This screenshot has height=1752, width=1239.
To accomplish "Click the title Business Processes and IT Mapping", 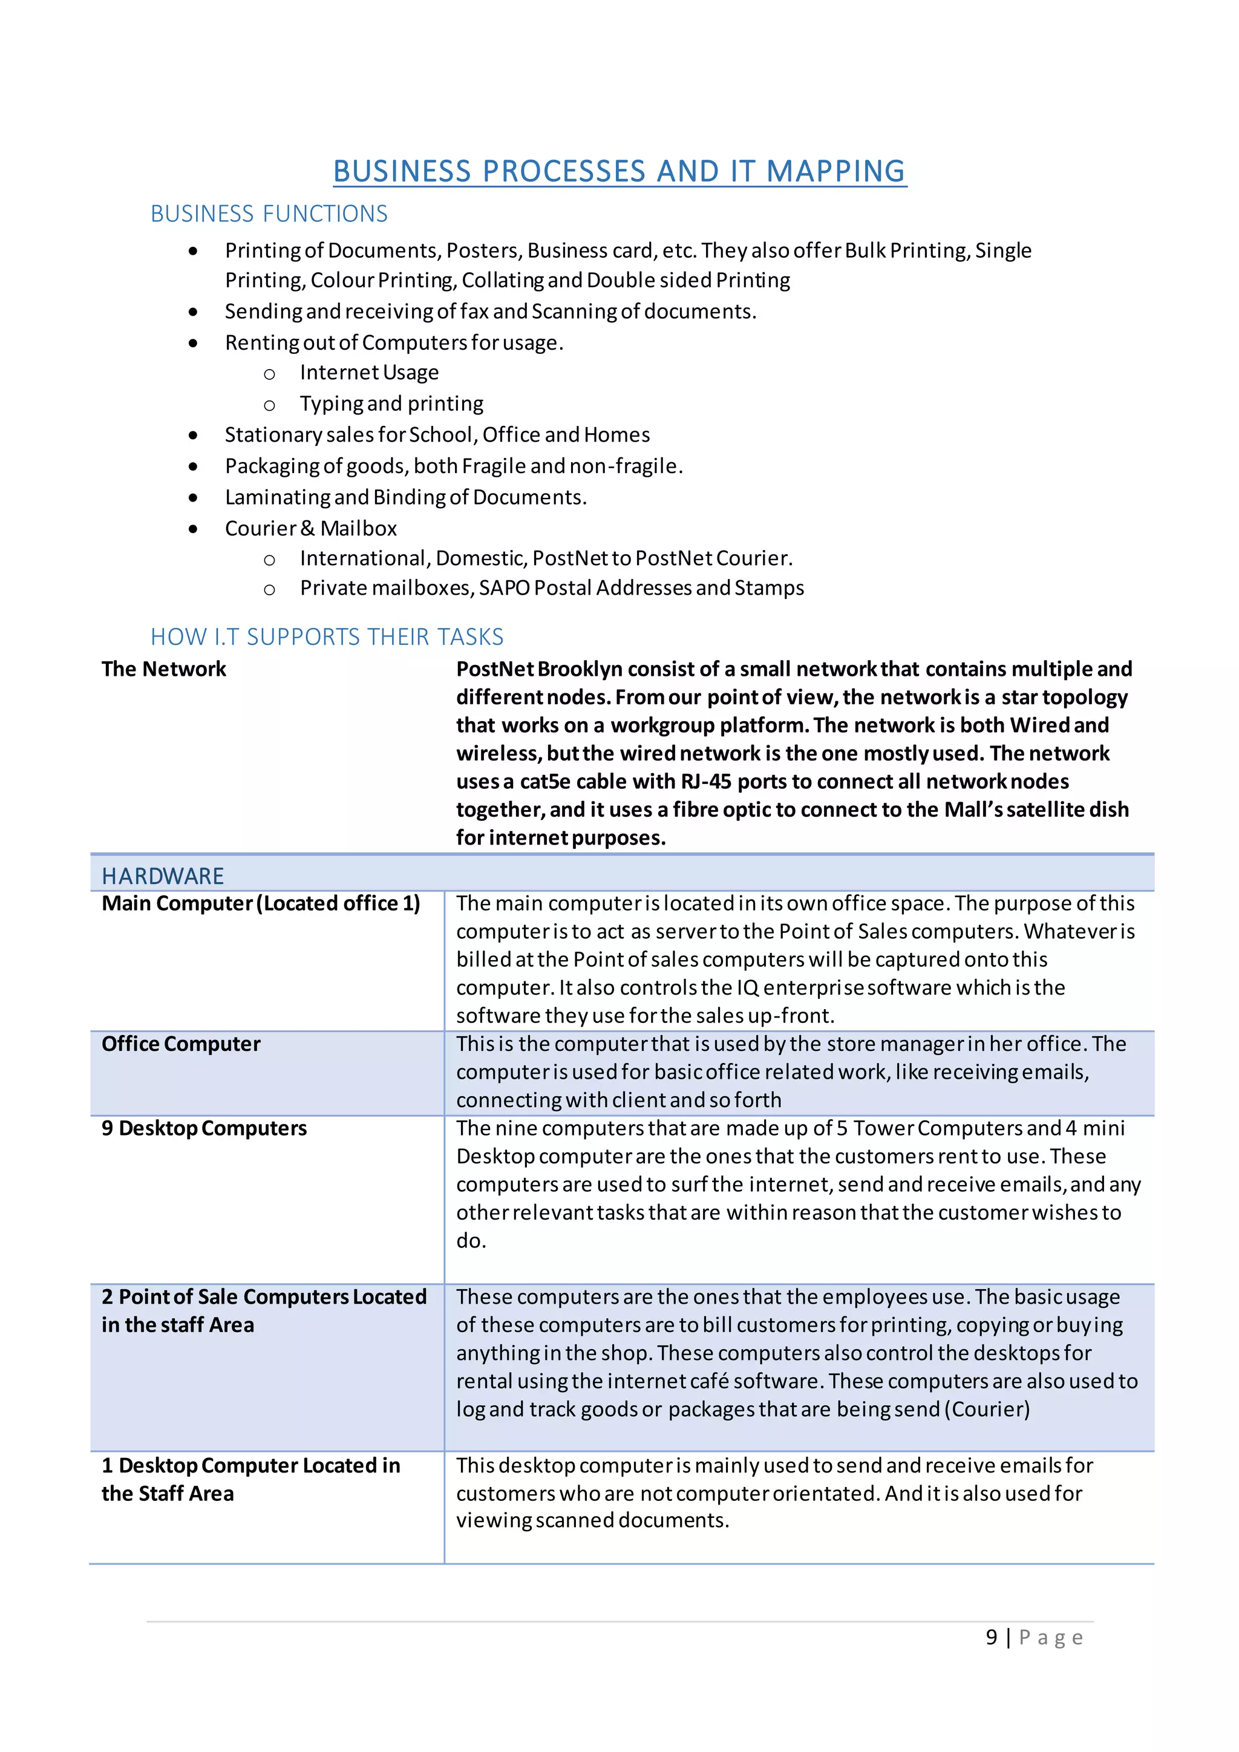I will (619, 172).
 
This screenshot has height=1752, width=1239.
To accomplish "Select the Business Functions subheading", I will (269, 214).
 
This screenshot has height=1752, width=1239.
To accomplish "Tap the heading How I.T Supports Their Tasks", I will (327, 636).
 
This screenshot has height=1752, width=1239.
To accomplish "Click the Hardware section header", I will (163, 876).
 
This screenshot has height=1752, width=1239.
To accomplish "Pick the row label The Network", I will (164, 669).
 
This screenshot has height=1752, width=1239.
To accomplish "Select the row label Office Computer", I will (181, 1044).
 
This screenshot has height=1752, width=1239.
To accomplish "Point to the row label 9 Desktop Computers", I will (204, 1128).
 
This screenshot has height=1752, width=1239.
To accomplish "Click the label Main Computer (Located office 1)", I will (261, 903).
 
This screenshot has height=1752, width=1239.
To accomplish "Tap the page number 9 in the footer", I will (991, 1638).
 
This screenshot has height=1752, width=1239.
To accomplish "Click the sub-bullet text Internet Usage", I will (369, 373).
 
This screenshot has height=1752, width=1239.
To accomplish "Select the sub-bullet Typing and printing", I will (391, 404).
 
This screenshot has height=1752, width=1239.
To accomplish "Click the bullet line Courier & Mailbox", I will (310, 528).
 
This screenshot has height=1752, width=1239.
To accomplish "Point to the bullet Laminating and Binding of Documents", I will (405, 497).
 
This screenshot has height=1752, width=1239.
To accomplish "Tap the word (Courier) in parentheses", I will (987, 1410).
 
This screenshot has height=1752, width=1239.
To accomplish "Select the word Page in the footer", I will (1051, 1638).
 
